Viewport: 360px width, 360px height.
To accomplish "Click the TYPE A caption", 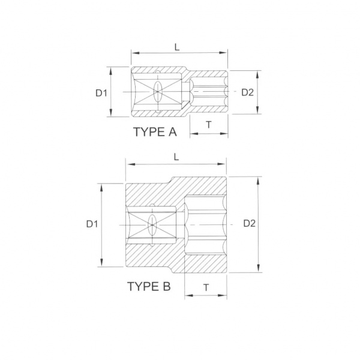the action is coord(155,132).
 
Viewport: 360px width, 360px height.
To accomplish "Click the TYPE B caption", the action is coord(149,286).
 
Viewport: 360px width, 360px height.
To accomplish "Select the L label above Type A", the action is coord(176,47).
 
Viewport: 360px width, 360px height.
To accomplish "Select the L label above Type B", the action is coord(176,157).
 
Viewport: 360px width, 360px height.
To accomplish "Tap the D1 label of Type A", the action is coord(101,93).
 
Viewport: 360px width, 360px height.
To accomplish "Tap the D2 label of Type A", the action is coord(247,92).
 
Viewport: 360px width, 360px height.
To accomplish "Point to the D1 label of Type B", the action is coord(92,224).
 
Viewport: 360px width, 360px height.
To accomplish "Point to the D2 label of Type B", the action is coord(250,223).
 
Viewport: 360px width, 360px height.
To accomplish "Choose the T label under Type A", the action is coord(209,125).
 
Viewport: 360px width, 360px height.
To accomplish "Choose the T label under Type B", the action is coord(206,287).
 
